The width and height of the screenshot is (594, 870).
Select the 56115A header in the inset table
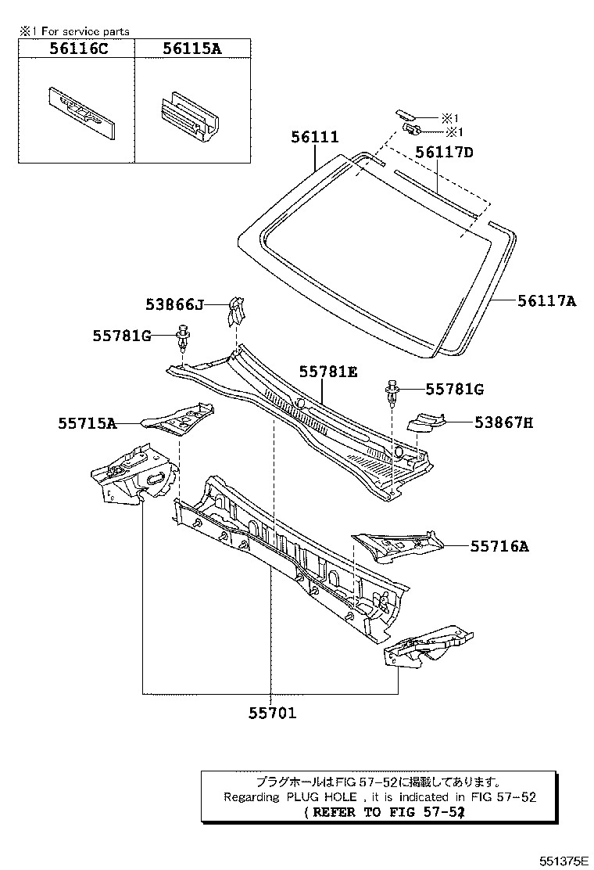pyautogui.click(x=192, y=49)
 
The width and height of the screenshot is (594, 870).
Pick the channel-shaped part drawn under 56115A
pyautogui.click(x=188, y=120)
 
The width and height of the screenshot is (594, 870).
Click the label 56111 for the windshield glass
pyautogui.click(x=315, y=138)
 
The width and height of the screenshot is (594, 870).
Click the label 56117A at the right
pyautogui.click(x=546, y=300)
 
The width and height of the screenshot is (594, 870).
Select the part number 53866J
pyautogui.click(x=174, y=304)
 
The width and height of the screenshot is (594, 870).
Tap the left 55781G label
pyautogui.click(x=121, y=336)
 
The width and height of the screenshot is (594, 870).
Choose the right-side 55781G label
pyautogui.click(x=454, y=389)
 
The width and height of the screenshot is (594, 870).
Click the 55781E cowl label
pyautogui.click(x=327, y=372)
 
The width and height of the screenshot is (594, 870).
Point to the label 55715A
pyautogui.click(x=86, y=423)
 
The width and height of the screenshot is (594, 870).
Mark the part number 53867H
pyautogui.click(x=503, y=422)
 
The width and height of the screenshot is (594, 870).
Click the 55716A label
pyautogui.click(x=499, y=547)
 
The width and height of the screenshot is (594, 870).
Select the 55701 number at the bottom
pyautogui.click(x=273, y=714)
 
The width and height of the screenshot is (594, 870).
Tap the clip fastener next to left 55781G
pyautogui.click(x=183, y=337)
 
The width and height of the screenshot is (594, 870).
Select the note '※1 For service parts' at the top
pyautogui.click(x=75, y=31)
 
